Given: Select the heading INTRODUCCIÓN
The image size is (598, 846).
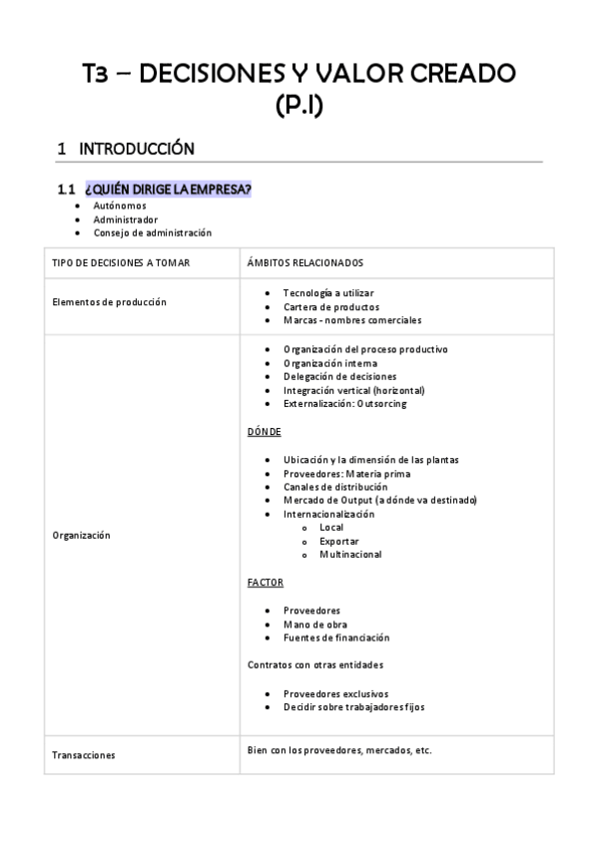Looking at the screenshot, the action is click(x=136, y=149).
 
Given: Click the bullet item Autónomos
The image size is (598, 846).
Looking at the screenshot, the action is click(x=119, y=206).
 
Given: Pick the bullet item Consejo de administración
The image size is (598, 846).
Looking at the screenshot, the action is click(x=153, y=232).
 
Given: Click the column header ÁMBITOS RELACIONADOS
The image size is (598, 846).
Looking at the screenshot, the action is click(x=304, y=263).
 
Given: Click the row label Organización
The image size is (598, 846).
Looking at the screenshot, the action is click(x=81, y=536).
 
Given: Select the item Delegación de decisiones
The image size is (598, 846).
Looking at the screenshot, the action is click(x=339, y=377).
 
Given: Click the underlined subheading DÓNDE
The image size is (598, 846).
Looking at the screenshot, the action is click(x=264, y=432).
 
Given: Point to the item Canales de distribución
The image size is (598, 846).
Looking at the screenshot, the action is click(x=335, y=487).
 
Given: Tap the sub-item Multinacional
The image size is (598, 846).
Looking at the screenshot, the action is click(x=350, y=555).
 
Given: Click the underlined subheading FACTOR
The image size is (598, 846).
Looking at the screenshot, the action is click(x=266, y=582).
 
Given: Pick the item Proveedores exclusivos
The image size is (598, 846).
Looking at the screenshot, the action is click(x=335, y=693).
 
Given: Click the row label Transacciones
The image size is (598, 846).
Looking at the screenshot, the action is click(x=83, y=755).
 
